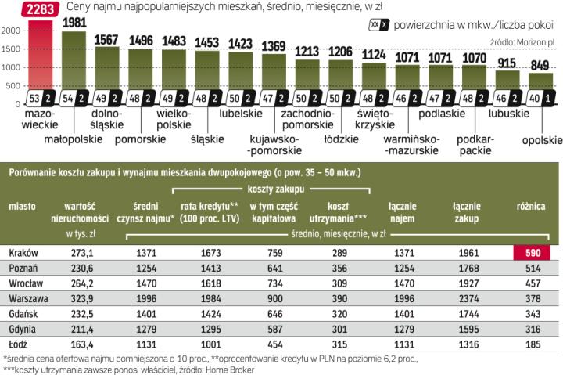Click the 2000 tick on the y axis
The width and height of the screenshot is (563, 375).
click(11, 30)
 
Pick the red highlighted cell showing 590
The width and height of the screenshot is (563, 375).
click(531, 252)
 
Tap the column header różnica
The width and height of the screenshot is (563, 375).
click(531, 206)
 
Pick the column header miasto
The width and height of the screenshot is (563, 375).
click(22, 206)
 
